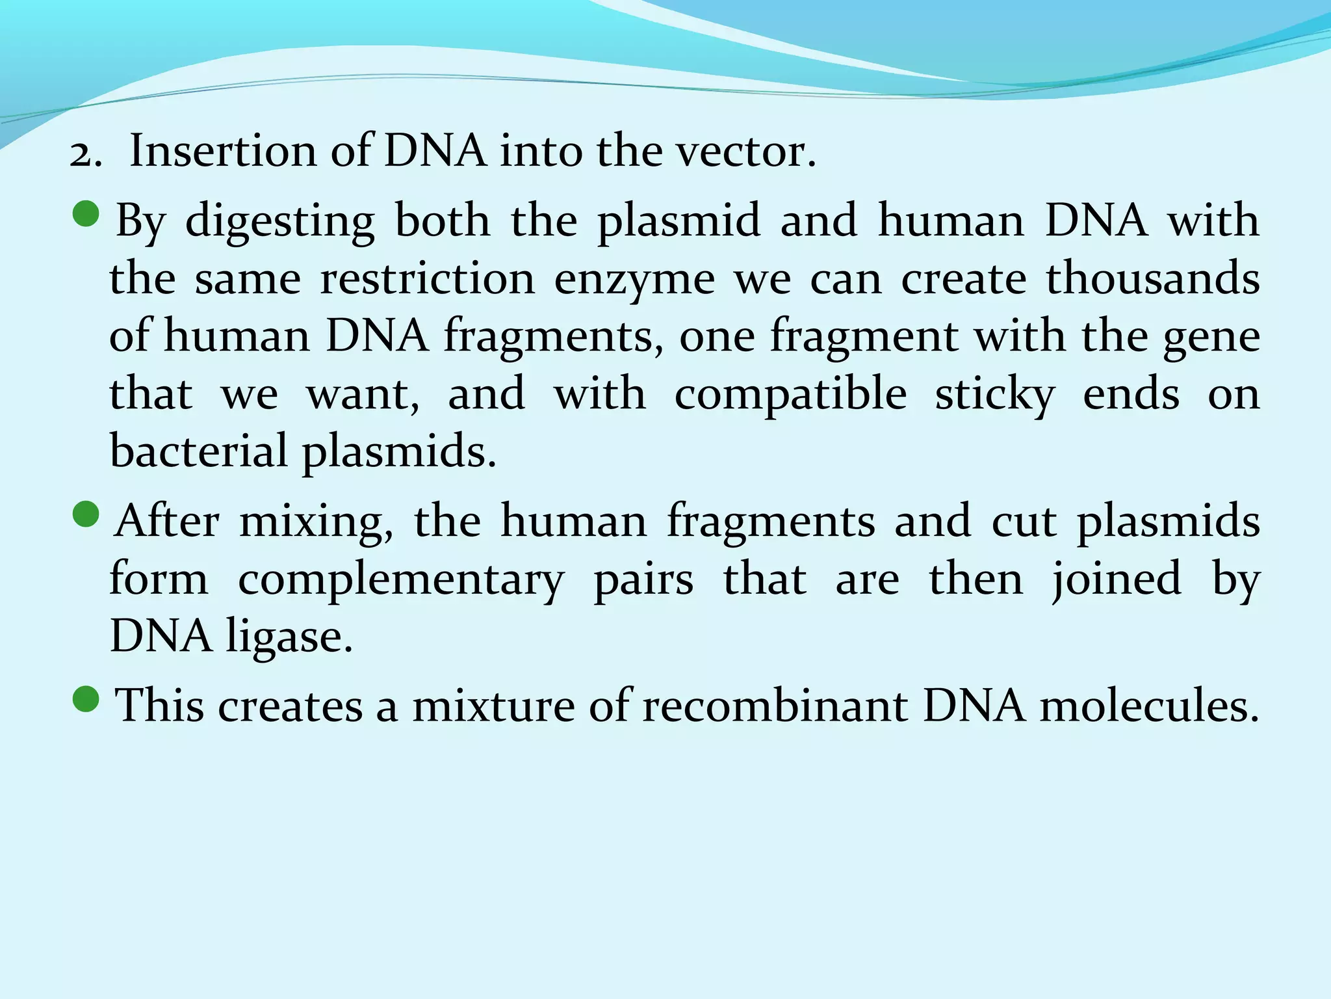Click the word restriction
(428, 279)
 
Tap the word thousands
(1152, 278)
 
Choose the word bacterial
(199, 451)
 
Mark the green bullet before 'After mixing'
(86, 516)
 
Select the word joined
(1116, 579)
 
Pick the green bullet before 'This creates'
(86, 700)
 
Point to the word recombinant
(775, 706)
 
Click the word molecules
(1149, 706)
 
